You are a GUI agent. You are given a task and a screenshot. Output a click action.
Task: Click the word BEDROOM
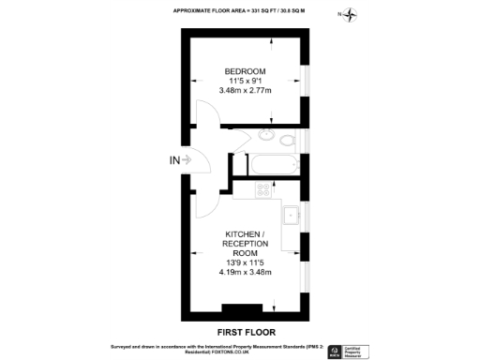click(244, 71)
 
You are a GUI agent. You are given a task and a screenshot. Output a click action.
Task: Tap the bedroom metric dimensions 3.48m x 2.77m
click(244, 91)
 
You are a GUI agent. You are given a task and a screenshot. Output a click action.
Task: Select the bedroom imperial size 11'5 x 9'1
click(244, 82)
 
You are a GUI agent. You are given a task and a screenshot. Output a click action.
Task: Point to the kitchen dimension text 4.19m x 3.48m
click(246, 273)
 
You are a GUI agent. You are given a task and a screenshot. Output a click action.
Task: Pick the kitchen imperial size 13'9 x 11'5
click(246, 263)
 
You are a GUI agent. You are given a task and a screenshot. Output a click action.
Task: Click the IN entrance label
click(174, 160)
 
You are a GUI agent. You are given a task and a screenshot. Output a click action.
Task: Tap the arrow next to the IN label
click(188, 160)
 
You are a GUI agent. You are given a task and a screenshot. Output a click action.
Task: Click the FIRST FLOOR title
click(244, 332)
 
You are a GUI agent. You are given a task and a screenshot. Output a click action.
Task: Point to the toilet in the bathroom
click(287, 141)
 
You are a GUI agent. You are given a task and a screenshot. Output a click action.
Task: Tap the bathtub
click(274, 166)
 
